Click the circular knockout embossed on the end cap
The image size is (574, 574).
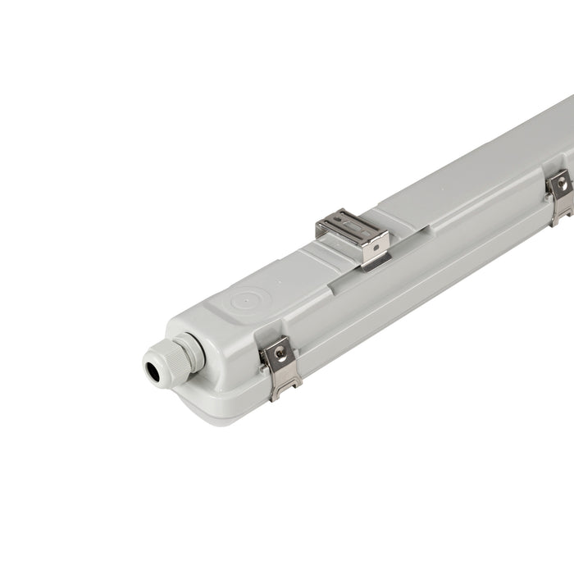pyautogui.click(x=245, y=301)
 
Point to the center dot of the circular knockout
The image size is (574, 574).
pyautogui.click(x=245, y=301)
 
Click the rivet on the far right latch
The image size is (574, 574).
pyautogui.click(x=562, y=186)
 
